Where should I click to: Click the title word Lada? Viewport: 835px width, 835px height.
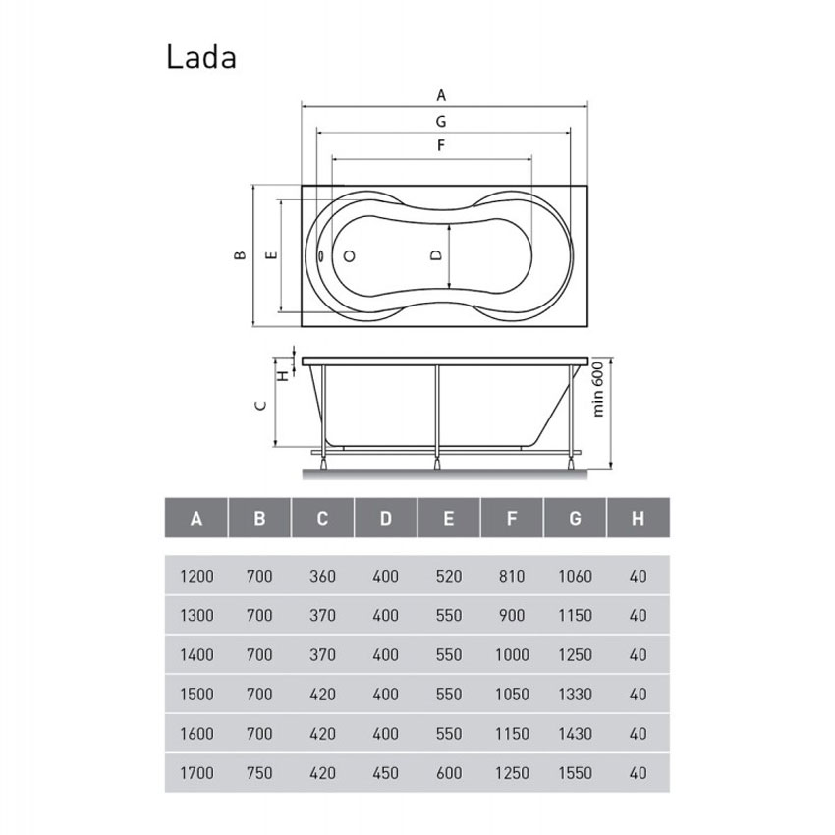[x=200, y=56]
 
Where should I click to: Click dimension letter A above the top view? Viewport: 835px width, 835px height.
[x=442, y=95]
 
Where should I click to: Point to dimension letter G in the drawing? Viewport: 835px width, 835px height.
[x=442, y=122]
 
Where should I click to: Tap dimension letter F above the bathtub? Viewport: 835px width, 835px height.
[x=442, y=145]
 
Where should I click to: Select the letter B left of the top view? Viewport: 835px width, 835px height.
[x=238, y=255]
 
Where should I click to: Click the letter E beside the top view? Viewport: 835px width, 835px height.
[x=272, y=254]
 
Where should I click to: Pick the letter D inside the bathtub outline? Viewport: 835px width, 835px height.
[x=438, y=255]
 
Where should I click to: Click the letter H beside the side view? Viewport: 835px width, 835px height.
[x=283, y=374]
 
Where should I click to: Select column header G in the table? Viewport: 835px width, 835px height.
[x=575, y=518]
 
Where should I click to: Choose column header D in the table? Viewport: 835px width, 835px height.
[x=385, y=518]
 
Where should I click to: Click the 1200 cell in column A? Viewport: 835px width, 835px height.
[x=196, y=577]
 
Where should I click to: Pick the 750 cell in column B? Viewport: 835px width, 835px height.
[x=259, y=773]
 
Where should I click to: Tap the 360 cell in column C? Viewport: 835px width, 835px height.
[x=322, y=577]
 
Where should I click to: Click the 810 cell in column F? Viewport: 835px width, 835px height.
[x=512, y=577]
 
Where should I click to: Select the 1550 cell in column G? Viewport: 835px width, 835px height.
[x=575, y=773]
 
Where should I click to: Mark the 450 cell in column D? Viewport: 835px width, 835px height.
[x=385, y=773]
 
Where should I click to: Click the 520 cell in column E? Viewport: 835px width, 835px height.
[x=448, y=577]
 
